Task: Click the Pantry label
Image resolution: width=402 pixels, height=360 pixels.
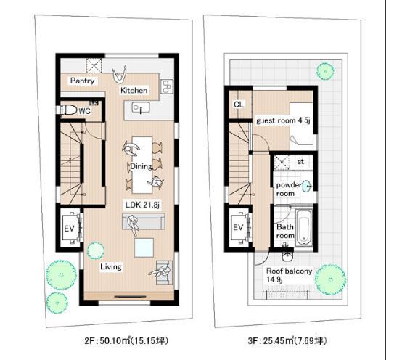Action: point(83,81)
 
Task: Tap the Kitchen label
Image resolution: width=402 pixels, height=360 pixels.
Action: point(134,90)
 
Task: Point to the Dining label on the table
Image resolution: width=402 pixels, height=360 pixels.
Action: point(141,165)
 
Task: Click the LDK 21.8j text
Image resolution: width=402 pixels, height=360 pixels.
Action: point(141,205)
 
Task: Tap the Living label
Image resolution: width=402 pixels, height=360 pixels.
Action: point(111,266)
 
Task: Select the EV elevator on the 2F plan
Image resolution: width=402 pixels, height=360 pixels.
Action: point(70,228)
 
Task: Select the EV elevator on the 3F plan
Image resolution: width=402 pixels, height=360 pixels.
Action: point(238,228)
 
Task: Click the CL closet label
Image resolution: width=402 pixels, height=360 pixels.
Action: point(239,104)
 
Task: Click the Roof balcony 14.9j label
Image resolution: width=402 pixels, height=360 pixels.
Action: point(289,275)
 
